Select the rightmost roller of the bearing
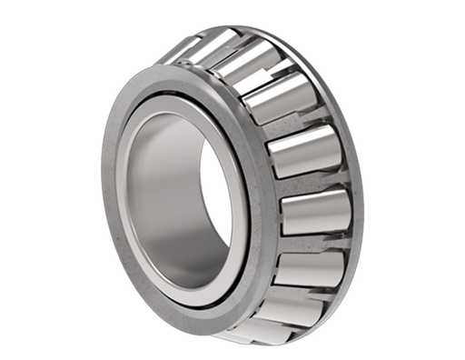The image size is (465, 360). (x=313, y=211)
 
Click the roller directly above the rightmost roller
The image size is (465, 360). (x=304, y=155)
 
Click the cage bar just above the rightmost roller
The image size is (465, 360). (x=313, y=183)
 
